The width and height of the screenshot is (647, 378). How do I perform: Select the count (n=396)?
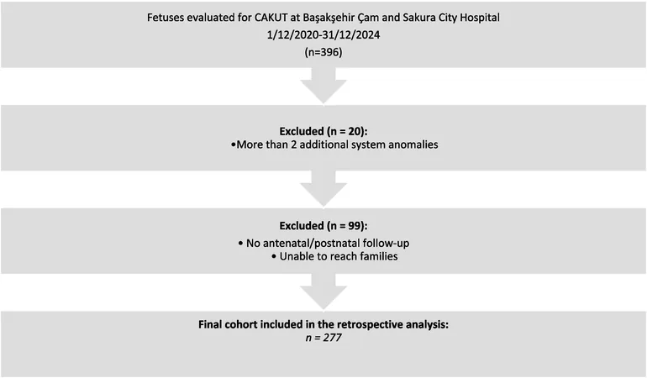[x=323, y=52]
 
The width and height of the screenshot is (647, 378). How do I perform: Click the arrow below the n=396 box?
[x=323, y=86]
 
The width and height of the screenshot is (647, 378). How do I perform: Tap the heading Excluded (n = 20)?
[x=323, y=131]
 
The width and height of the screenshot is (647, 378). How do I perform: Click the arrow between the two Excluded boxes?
[x=323, y=189]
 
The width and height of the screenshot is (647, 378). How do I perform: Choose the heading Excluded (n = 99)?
[x=323, y=226]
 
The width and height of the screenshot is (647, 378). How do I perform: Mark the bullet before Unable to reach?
[x=274, y=257]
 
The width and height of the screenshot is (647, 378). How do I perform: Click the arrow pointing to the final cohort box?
[x=323, y=291]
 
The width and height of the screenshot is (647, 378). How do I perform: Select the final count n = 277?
[x=323, y=338]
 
